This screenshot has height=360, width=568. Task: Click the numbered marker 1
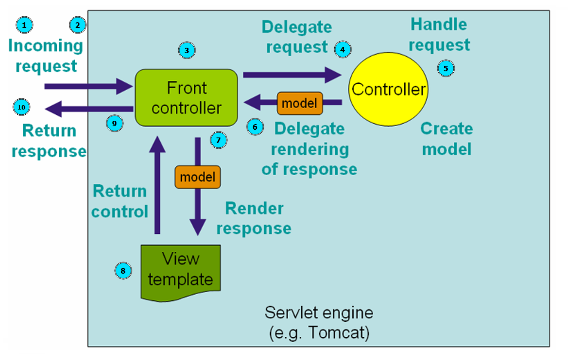(24, 25)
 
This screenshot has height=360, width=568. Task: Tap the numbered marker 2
(78, 25)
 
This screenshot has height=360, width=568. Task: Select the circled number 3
(187, 50)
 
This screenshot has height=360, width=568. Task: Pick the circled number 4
(343, 50)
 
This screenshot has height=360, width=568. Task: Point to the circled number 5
(446, 68)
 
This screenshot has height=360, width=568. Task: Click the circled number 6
(255, 127)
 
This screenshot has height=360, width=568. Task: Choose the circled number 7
(219, 140)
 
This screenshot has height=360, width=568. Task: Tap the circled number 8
(123, 271)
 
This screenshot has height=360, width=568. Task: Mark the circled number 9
(115, 123)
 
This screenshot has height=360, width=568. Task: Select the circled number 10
(21, 107)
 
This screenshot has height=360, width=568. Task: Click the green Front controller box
(186, 98)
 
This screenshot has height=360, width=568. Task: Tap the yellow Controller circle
(388, 89)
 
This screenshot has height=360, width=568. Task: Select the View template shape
(181, 272)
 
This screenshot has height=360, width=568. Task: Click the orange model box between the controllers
(300, 103)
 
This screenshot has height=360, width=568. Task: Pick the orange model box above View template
(198, 177)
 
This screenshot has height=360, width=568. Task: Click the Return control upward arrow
(158, 185)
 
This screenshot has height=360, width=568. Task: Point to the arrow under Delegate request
(292, 75)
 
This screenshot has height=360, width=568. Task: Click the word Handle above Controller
(439, 24)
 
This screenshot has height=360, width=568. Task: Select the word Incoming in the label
(46, 46)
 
